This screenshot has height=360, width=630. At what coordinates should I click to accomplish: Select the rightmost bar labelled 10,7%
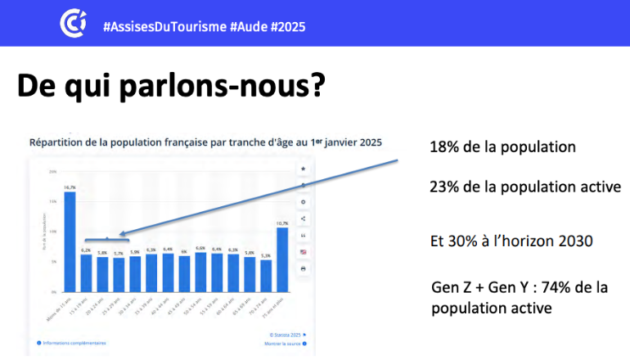pyautogui.click(x=282, y=259)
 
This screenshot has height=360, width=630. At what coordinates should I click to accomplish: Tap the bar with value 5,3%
pyautogui.click(x=266, y=275)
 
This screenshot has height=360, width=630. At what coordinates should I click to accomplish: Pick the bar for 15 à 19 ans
pyautogui.click(x=86, y=272)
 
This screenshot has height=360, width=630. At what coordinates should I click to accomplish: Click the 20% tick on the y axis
pyautogui.click(x=52, y=172)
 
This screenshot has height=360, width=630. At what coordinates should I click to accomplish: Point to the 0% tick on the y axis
pyautogui.click(x=52, y=292)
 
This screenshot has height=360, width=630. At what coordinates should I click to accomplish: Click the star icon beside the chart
pyautogui.click(x=304, y=169)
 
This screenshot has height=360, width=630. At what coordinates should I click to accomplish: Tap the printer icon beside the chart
pyautogui.click(x=304, y=268)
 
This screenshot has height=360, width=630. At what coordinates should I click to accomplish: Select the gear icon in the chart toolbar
pyautogui.click(x=304, y=201)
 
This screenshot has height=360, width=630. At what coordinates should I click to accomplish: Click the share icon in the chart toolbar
pyautogui.click(x=304, y=218)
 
